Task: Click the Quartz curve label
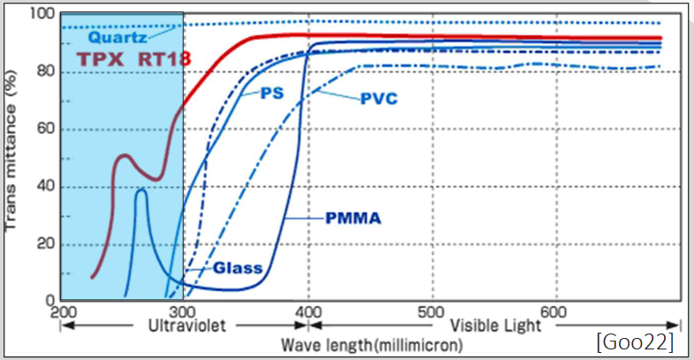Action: pyautogui.click(x=117, y=38)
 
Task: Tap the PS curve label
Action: pyautogui.click(x=271, y=94)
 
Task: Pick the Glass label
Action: pyautogui.click(x=238, y=267)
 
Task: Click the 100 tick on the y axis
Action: pyautogui.click(x=42, y=14)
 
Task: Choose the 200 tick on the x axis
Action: pyautogui.click(x=60, y=311)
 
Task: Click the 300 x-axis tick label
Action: pyautogui.click(x=184, y=311)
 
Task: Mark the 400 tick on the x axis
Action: pyautogui.click(x=307, y=311)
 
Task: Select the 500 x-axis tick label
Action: pyautogui.click(x=431, y=311)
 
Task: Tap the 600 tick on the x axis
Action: pyautogui.click(x=554, y=311)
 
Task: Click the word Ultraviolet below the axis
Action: pyautogui.click(x=184, y=326)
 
